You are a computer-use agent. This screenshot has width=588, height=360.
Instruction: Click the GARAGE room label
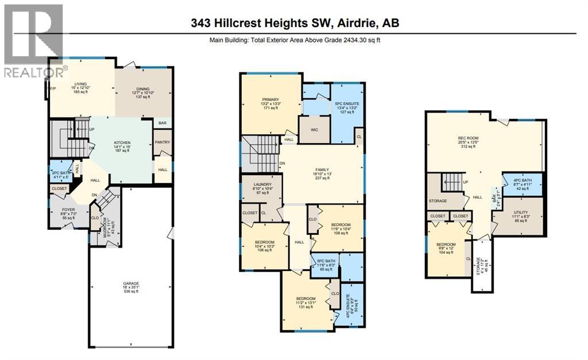(x=130, y=283)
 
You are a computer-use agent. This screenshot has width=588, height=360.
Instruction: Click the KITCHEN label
(x=122, y=143)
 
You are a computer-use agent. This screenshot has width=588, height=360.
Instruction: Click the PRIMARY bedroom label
(x=270, y=99)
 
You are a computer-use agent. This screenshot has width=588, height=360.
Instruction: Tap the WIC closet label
(x=314, y=129)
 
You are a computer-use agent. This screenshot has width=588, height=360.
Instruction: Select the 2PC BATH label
(x=61, y=173)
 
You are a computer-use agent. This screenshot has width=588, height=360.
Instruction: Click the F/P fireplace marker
(x=46, y=89)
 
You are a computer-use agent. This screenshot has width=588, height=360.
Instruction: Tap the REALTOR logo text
(x=32, y=72)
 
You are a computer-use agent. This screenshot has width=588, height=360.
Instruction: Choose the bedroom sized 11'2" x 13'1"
(x=305, y=299)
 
